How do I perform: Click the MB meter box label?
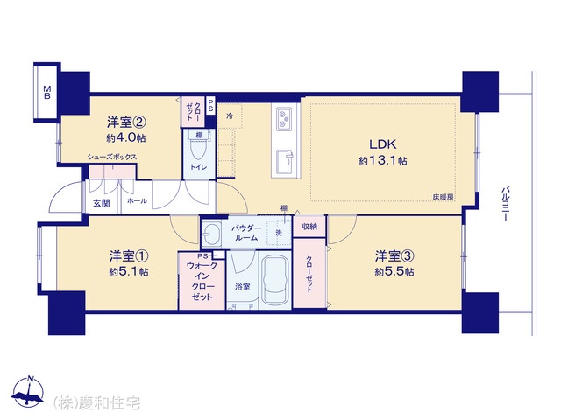46,93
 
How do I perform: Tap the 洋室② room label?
126,122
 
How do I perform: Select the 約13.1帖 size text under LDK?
383,161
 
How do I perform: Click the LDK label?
383,144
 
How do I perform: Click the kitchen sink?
285,161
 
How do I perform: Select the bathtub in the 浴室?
274,280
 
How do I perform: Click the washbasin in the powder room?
210,234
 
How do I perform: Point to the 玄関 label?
102,203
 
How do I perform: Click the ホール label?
137,201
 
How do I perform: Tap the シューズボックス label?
112,157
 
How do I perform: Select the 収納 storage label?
309,227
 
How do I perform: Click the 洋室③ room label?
394,256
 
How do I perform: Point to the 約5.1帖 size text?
129,272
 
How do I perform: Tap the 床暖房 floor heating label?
444,197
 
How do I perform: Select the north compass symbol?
28,391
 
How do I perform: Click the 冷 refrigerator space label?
230,116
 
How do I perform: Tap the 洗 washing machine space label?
279,233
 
